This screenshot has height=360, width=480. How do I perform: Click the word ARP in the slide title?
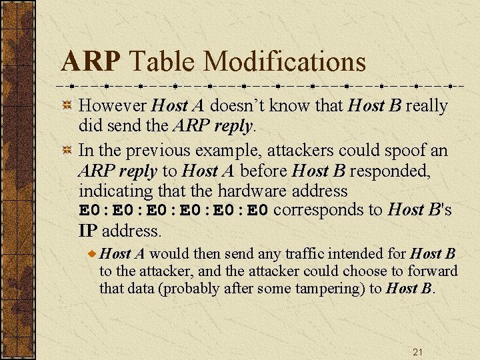[x=91, y=62]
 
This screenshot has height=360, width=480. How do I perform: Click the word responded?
[x=390, y=171]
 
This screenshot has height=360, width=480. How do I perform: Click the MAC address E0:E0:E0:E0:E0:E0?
[x=174, y=211]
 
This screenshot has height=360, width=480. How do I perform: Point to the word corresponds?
[x=328, y=210]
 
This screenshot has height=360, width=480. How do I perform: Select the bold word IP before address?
[x=88, y=231]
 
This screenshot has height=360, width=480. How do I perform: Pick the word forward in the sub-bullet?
[x=433, y=271]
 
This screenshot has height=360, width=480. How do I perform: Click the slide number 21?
[x=418, y=351]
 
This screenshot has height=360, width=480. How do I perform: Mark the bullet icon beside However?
[x=67, y=106]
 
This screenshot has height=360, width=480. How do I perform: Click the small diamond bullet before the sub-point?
[x=93, y=254]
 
